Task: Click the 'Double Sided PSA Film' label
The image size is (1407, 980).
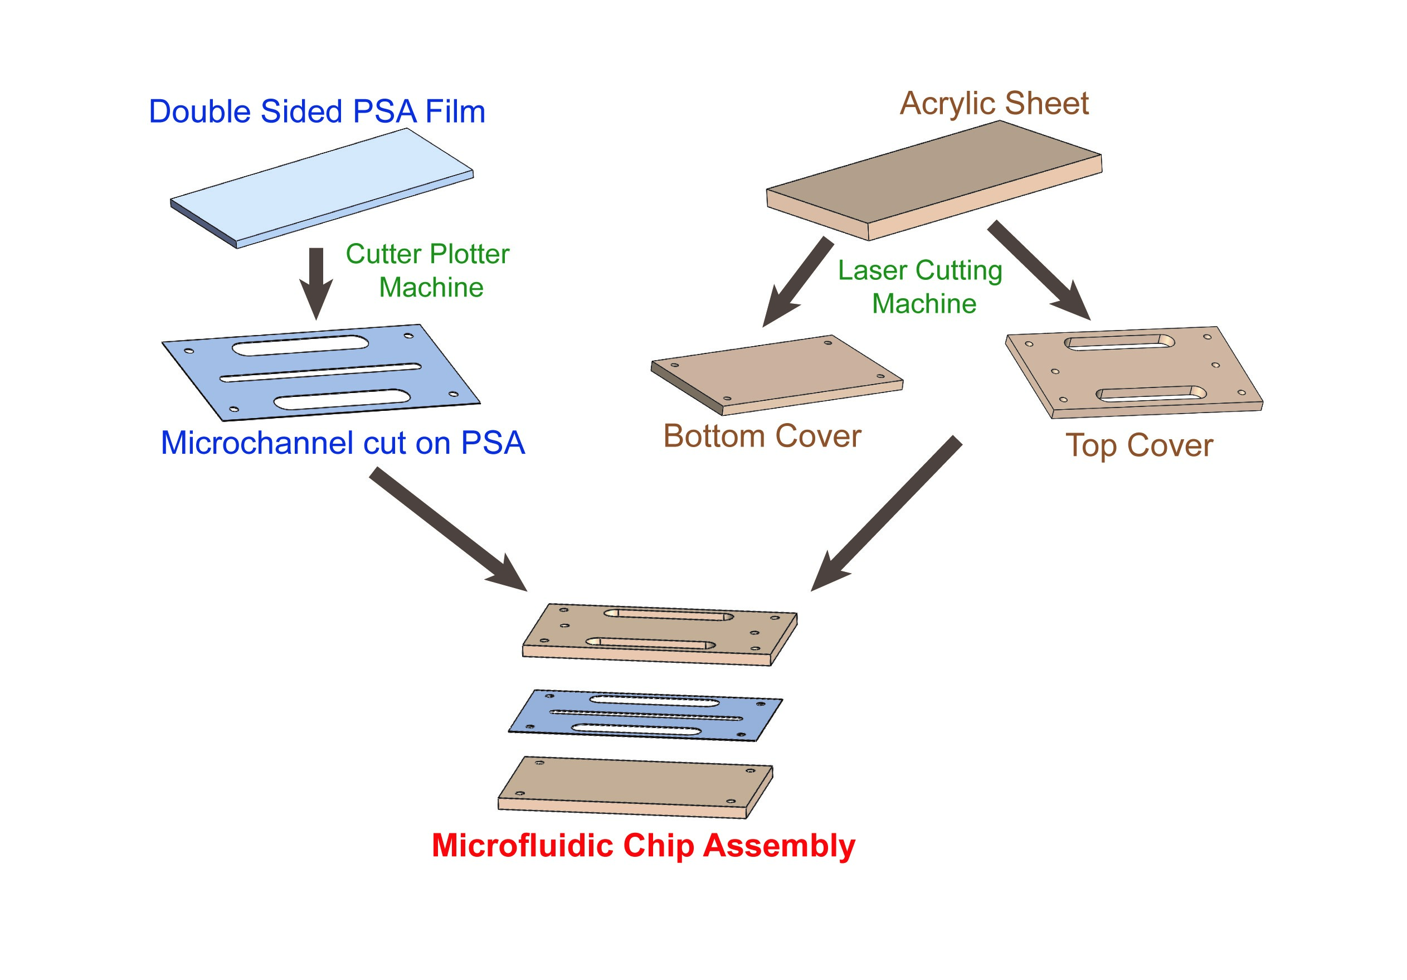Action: pyautogui.click(x=317, y=111)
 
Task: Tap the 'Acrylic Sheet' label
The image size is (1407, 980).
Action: pyautogui.click(x=994, y=103)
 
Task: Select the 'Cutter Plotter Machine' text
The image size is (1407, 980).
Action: pyautogui.click(x=428, y=270)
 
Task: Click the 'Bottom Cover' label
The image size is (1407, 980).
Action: pyautogui.click(x=762, y=436)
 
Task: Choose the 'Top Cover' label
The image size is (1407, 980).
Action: pyautogui.click(x=1139, y=445)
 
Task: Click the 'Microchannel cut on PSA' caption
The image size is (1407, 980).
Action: pyautogui.click(x=343, y=443)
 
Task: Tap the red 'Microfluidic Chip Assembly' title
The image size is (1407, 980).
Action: pyautogui.click(x=644, y=846)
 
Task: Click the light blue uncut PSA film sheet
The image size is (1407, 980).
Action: pyautogui.click(x=322, y=187)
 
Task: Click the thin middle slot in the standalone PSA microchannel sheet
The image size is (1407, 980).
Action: pyautogui.click(x=320, y=372)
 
